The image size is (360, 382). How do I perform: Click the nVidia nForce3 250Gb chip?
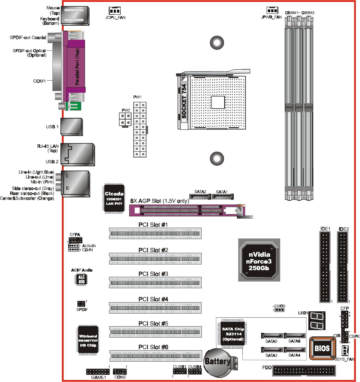pyautogui.click(x=259, y=260)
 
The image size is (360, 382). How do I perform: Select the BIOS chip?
pyautogui.click(x=322, y=348)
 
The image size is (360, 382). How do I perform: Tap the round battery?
pyautogui.click(x=218, y=362)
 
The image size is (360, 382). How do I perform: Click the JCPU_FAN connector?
pyautogui.click(x=114, y=11)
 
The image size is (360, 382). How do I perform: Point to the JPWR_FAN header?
pyautogui.click(x=272, y=10)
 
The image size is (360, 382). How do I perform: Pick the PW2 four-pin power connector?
pyautogui.click(x=125, y=119)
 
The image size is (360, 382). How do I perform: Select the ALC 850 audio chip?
pyautogui.click(x=81, y=279)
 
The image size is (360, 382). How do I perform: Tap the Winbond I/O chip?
pyautogui.click(x=88, y=340)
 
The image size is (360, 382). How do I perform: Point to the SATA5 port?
pyautogui.click(x=272, y=336)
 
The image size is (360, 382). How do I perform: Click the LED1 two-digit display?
pyautogui.click(x=316, y=320)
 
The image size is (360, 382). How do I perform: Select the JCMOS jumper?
pyautogui.click(x=279, y=310)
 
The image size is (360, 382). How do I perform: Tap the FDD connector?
pyautogui.click(x=304, y=371)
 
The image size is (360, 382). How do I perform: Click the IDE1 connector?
pyautogui.click(x=325, y=267)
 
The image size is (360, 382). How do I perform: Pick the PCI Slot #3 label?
pyautogui.click(x=153, y=274)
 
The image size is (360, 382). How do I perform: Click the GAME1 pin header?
pyautogui.click(x=98, y=372)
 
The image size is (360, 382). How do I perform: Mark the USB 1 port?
pyautogui.click(x=72, y=127)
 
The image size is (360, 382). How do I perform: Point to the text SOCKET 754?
pyautogui.click(x=184, y=101)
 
